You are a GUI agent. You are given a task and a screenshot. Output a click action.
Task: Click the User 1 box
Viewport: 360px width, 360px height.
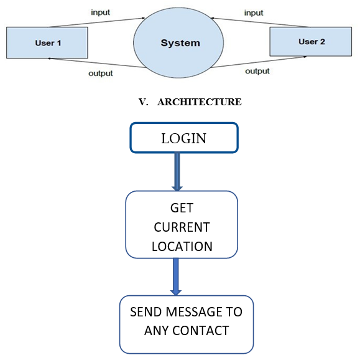(47, 42)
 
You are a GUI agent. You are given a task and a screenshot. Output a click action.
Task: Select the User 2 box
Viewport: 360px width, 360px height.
(311, 41)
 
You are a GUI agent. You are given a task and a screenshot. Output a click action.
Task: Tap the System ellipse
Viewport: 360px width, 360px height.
(178, 42)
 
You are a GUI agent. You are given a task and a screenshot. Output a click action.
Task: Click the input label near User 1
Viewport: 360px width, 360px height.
(100, 12)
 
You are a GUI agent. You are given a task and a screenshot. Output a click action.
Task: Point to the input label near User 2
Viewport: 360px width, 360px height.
(254, 12)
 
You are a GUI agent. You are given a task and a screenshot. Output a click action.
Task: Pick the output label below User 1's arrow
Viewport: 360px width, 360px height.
(101, 73)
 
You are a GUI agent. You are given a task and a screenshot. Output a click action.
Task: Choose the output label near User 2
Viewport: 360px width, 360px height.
(257, 71)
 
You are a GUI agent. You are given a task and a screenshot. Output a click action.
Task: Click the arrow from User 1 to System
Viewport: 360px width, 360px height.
(98, 22)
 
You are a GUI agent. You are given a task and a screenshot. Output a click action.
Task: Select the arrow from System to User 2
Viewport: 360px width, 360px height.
(259, 62)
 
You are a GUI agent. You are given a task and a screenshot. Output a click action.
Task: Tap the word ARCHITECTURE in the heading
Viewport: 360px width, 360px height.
(200, 102)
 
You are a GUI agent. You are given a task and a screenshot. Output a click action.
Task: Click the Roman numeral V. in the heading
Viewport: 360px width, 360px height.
(143, 102)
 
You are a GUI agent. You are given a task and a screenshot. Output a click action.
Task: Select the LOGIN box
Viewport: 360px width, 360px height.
(184, 138)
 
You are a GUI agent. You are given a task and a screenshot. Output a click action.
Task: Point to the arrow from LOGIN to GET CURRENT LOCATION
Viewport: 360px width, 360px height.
(177, 172)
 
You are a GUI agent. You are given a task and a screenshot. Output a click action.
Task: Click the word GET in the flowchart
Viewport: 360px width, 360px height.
(182, 208)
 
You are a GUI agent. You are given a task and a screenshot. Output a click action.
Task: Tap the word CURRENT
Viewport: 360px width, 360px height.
(182, 227)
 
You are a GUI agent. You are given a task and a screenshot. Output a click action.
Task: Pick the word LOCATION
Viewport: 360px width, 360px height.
(182, 247)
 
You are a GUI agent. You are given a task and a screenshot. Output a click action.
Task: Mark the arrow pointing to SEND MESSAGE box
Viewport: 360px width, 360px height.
(176, 277)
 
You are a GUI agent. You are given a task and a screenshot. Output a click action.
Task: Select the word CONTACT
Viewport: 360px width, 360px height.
(200, 331)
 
